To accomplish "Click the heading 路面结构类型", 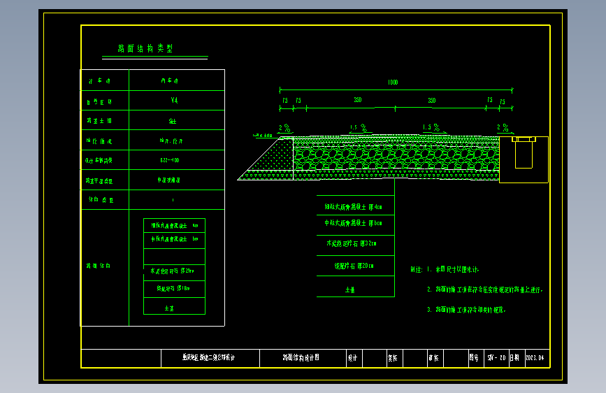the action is click(145, 49).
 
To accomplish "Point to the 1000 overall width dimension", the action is click(393, 83).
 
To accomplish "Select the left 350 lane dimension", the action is click(357, 101).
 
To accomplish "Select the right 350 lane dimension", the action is click(432, 101).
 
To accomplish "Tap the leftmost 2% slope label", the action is click(284, 127).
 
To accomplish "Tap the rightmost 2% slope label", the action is click(503, 127).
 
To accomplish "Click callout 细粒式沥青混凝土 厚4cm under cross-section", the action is click(353, 207).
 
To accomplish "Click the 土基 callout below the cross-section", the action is click(350, 289).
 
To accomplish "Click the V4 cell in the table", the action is click(174, 101).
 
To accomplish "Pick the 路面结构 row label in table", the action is click(99, 266).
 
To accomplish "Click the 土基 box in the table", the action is click(169, 307).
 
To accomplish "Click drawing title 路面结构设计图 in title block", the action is click(301, 357).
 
